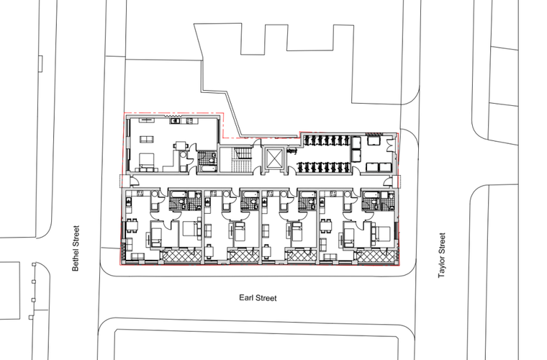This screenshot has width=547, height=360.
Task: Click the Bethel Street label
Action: [x=76, y=248]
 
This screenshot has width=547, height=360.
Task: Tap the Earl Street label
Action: [x=258, y=298]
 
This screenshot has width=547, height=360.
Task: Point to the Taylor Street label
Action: [x=442, y=255]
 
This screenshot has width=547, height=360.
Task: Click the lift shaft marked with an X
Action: [x=273, y=159]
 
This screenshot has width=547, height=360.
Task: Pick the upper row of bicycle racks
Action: [x=327, y=140]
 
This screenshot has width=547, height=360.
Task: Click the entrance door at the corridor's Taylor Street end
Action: [x=387, y=181]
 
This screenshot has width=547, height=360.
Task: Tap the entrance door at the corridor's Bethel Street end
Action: [x=134, y=181]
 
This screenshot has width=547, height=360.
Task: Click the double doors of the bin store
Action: [x=390, y=145]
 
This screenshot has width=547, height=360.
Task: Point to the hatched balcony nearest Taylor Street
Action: [x=376, y=256]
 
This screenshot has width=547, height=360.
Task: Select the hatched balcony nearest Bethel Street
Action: [x=182, y=256]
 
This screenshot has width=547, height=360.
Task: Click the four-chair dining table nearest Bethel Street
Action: [x=132, y=226]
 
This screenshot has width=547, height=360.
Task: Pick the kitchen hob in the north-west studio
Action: [x=190, y=121]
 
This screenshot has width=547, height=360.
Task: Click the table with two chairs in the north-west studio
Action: [x=181, y=146]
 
